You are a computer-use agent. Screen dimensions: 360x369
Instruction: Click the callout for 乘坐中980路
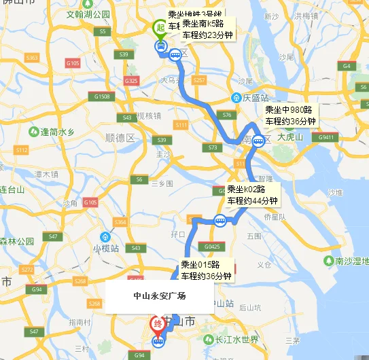pyautogui.click(x=291, y=115)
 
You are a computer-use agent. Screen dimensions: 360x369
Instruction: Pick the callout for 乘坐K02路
pyautogui.click(x=252, y=194)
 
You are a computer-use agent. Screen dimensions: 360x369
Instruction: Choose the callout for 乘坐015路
pyautogui.click(x=206, y=270)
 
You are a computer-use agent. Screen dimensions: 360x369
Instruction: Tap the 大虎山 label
pyautogui.click(x=291, y=137)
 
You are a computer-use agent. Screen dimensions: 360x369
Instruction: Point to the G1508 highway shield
pyautogui.click(x=103, y=96)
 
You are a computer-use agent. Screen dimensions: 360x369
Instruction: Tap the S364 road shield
pyautogui.click(x=120, y=222)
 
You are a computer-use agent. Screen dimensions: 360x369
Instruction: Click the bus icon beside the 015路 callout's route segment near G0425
pyautogui.click(x=221, y=219)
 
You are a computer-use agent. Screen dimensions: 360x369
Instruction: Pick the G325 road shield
pyautogui.click(x=132, y=81)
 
